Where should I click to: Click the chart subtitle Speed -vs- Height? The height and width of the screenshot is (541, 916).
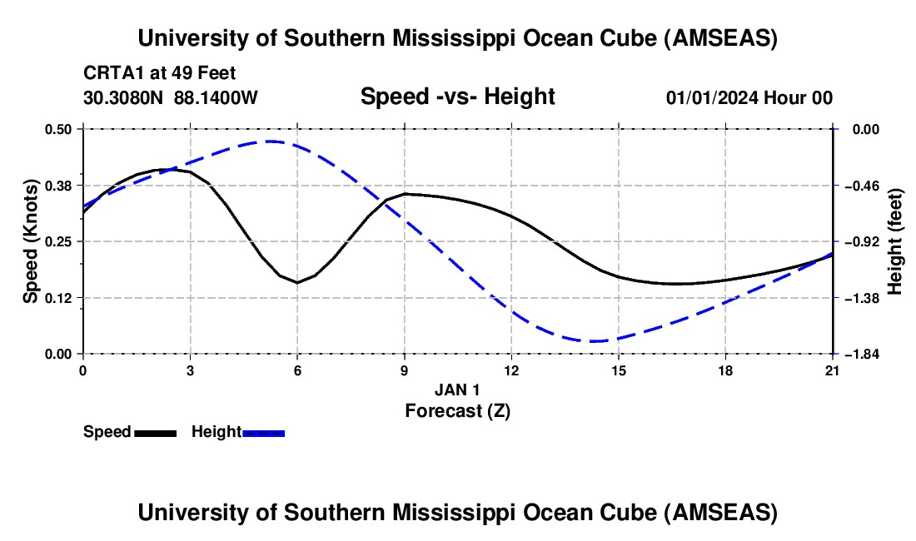[x=457, y=97]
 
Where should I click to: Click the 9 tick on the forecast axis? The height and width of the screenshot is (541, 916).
[x=405, y=370]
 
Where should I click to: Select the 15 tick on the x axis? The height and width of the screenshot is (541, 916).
[x=619, y=370]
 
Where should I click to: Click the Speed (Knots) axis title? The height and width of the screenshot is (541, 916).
[x=30, y=241]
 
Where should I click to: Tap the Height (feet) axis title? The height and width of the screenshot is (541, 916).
[x=895, y=241]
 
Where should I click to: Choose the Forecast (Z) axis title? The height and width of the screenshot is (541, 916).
[x=457, y=410]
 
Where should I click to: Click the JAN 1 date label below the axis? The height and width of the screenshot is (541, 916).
[x=457, y=390]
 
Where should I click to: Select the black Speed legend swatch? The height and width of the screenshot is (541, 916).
[x=155, y=433]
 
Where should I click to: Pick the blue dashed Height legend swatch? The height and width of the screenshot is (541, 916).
[x=264, y=433]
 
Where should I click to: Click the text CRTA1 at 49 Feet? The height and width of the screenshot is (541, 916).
[x=164, y=73]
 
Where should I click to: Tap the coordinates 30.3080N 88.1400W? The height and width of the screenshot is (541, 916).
[x=171, y=97]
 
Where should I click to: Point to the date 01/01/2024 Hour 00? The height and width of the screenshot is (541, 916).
[x=749, y=97]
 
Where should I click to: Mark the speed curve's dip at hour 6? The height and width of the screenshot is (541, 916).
[x=297, y=282]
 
